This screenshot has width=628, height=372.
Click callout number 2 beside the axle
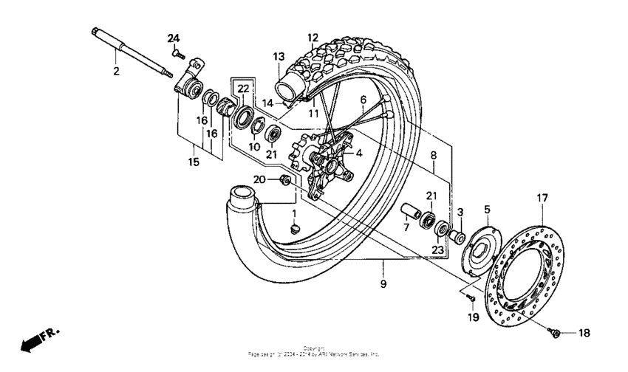tap(115, 72)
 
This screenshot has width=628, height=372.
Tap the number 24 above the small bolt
tap(173, 38)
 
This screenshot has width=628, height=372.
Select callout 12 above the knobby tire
tap(313, 37)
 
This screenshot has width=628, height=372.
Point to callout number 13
tap(278, 57)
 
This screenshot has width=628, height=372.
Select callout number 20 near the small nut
tap(259, 179)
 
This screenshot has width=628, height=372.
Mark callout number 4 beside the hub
tap(358, 154)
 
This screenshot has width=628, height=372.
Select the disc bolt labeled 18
tap(556, 334)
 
